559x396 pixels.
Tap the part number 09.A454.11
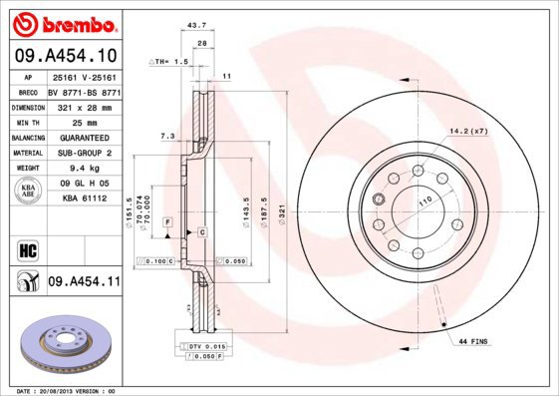(x=84, y=282)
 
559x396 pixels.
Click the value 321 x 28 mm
(x=86, y=105)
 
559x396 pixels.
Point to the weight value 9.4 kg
(x=86, y=170)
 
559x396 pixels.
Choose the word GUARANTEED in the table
(x=86, y=137)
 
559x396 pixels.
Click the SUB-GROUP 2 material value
(x=86, y=153)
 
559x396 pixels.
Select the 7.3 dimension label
(x=166, y=135)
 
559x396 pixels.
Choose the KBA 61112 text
(x=86, y=198)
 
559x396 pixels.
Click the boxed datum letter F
(x=168, y=218)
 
